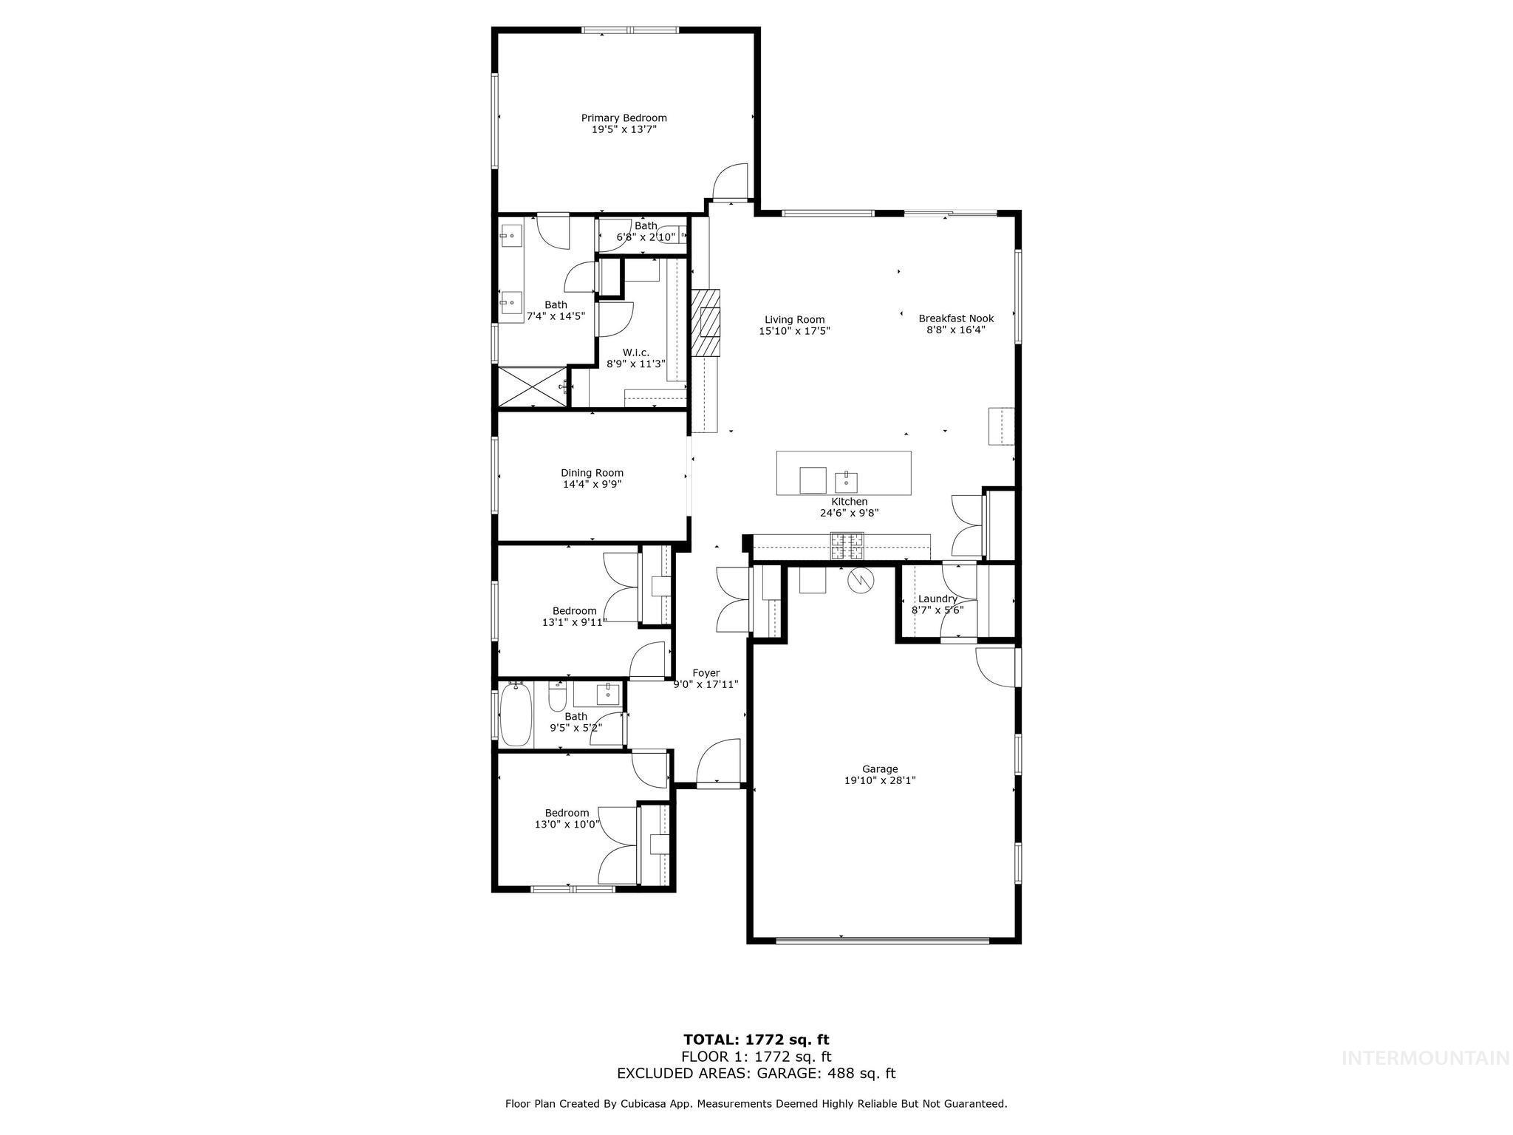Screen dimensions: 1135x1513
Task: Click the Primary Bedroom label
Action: click(624, 118)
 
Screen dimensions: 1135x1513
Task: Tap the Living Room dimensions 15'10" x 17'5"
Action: click(794, 332)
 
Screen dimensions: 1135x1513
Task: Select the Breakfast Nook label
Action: click(956, 318)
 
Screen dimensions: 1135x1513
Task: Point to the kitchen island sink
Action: click(847, 481)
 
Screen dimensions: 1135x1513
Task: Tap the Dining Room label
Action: click(592, 473)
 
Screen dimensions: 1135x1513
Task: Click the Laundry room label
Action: click(937, 599)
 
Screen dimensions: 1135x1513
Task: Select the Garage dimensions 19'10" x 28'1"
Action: click(880, 780)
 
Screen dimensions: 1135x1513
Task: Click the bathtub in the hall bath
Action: click(516, 715)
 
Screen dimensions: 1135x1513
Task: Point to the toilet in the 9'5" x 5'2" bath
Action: click(557, 696)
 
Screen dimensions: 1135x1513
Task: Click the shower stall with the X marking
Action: click(531, 386)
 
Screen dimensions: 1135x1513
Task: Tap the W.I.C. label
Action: click(636, 352)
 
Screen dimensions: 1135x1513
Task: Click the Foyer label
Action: click(706, 673)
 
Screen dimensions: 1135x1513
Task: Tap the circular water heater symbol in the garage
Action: click(860, 581)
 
